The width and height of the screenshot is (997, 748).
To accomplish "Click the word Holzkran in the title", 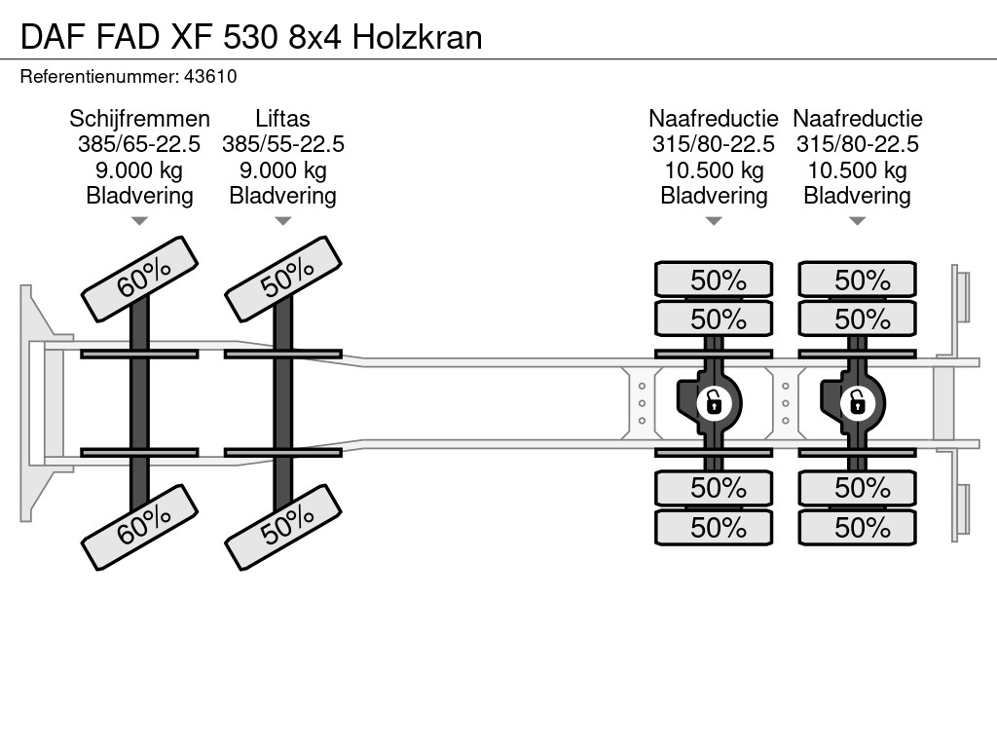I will (417, 37).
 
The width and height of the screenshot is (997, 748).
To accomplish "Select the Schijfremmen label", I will (139, 119).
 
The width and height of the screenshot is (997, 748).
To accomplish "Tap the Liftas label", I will (282, 119).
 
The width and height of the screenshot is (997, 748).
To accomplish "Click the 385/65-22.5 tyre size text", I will (139, 144).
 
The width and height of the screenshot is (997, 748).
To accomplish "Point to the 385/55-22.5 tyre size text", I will (282, 144).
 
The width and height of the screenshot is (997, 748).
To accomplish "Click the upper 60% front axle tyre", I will (140, 279).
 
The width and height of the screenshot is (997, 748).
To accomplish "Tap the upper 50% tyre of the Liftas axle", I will (283, 279).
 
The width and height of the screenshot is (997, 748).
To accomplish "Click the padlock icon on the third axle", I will (714, 400).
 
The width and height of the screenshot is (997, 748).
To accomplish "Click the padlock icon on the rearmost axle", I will (857, 400).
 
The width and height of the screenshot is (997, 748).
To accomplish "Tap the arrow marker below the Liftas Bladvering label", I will (282, 221).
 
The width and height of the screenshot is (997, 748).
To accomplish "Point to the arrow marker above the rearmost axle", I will (857, 221).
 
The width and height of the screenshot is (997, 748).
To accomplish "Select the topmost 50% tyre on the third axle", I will (715, 280).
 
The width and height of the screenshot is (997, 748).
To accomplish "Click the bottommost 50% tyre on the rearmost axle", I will (858, 528).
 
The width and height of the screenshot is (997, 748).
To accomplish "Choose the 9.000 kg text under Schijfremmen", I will (139, 169).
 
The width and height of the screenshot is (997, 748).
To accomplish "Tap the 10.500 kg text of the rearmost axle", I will (857, 169).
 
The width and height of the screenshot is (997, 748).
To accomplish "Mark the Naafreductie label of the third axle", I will (714, 119).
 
